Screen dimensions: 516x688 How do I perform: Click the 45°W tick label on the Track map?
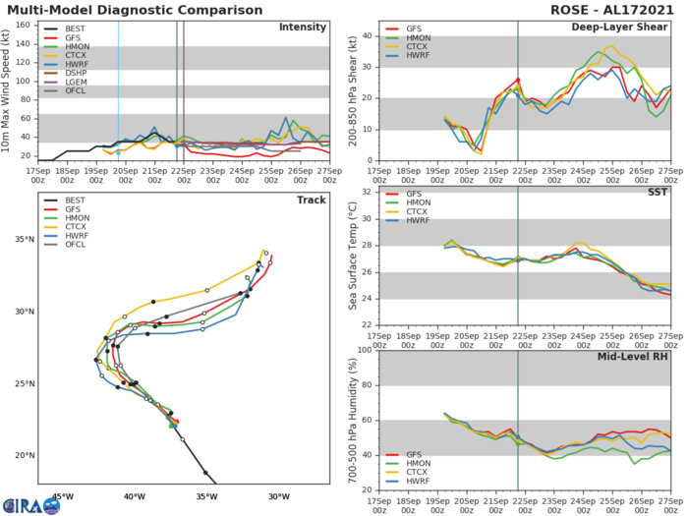(x=64, y=496)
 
